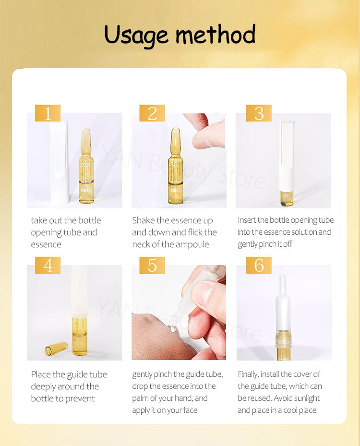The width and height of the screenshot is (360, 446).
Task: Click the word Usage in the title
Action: click(x=136, y=35)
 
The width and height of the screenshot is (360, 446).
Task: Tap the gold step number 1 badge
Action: click(x=48, y=113)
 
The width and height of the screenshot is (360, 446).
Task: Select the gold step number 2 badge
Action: click(x=152, y=113)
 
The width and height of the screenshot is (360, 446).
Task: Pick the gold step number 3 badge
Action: click(x=259, y=113)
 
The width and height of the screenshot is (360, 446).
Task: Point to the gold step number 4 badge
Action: click(x=48, y=265)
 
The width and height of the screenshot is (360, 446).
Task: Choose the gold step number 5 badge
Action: click(x=152, y=265)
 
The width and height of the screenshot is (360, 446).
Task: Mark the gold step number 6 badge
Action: click(x=259, y=265)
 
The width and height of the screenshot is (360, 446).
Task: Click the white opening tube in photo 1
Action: click(x=60, y=161)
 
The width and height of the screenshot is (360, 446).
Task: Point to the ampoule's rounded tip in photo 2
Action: click(x=176, y=132)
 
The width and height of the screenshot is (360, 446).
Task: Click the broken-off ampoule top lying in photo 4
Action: click(x=57, y=348)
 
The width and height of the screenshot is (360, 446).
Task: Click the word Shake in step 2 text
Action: click(x=144, y=220)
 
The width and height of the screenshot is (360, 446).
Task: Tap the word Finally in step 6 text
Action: click(x=248, y=374)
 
